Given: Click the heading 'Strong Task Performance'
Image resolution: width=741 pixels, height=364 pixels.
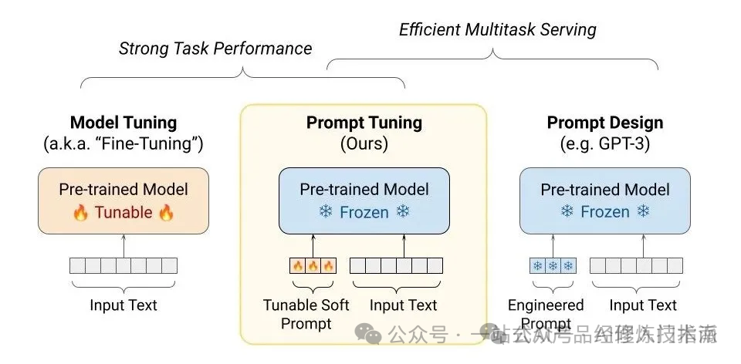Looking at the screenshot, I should coord(215,49).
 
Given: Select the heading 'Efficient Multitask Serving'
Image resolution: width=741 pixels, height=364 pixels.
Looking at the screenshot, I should coord(498,30).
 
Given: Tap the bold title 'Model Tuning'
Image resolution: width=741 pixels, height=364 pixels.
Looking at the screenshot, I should coord(123,123).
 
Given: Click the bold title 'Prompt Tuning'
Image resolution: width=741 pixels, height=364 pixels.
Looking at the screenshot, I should coord(364,123).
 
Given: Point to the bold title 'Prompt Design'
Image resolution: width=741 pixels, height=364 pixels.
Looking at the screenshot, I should coord(605,123).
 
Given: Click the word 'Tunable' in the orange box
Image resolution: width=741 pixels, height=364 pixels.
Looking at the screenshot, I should coord(123,212).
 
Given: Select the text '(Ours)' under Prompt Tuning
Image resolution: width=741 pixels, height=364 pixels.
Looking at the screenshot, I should coord(364,143).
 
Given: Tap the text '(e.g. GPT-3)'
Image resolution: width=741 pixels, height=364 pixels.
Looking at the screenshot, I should coord(605,143).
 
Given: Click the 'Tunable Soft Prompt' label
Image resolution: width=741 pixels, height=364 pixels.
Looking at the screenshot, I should coord(306,314).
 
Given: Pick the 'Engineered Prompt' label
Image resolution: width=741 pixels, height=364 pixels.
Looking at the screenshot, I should coord(546,314).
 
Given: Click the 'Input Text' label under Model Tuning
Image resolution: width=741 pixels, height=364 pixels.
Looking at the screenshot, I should coord(123,305).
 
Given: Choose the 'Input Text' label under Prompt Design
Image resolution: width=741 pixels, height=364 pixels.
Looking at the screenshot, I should coord(643,305).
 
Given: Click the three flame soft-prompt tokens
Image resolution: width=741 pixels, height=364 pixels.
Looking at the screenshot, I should coord(313,266).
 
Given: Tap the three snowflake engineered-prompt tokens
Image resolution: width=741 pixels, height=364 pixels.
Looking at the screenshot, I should coord(553,266).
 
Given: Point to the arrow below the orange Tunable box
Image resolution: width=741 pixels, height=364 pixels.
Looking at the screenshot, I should coord(123,245).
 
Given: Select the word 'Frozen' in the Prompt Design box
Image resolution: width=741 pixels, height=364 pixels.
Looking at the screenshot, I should coord(605,211).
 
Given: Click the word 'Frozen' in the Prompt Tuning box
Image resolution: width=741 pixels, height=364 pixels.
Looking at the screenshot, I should coord(364,211).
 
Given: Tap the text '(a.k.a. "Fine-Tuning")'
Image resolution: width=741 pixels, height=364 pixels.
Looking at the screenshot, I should coord(123,143).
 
